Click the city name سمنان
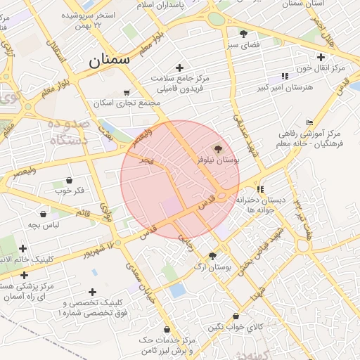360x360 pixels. tap(110, 61)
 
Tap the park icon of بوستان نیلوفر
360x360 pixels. tap(217, 148)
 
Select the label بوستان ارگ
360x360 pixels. tap(212, 268)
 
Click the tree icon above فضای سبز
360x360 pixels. tap(243, 34)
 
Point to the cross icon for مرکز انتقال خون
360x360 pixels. tap(321, 57)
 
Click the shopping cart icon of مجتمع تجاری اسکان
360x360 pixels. tap(127, 92)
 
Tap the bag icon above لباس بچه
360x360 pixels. tap(44, 214)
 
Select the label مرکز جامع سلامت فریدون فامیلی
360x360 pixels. tap(182, 84)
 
